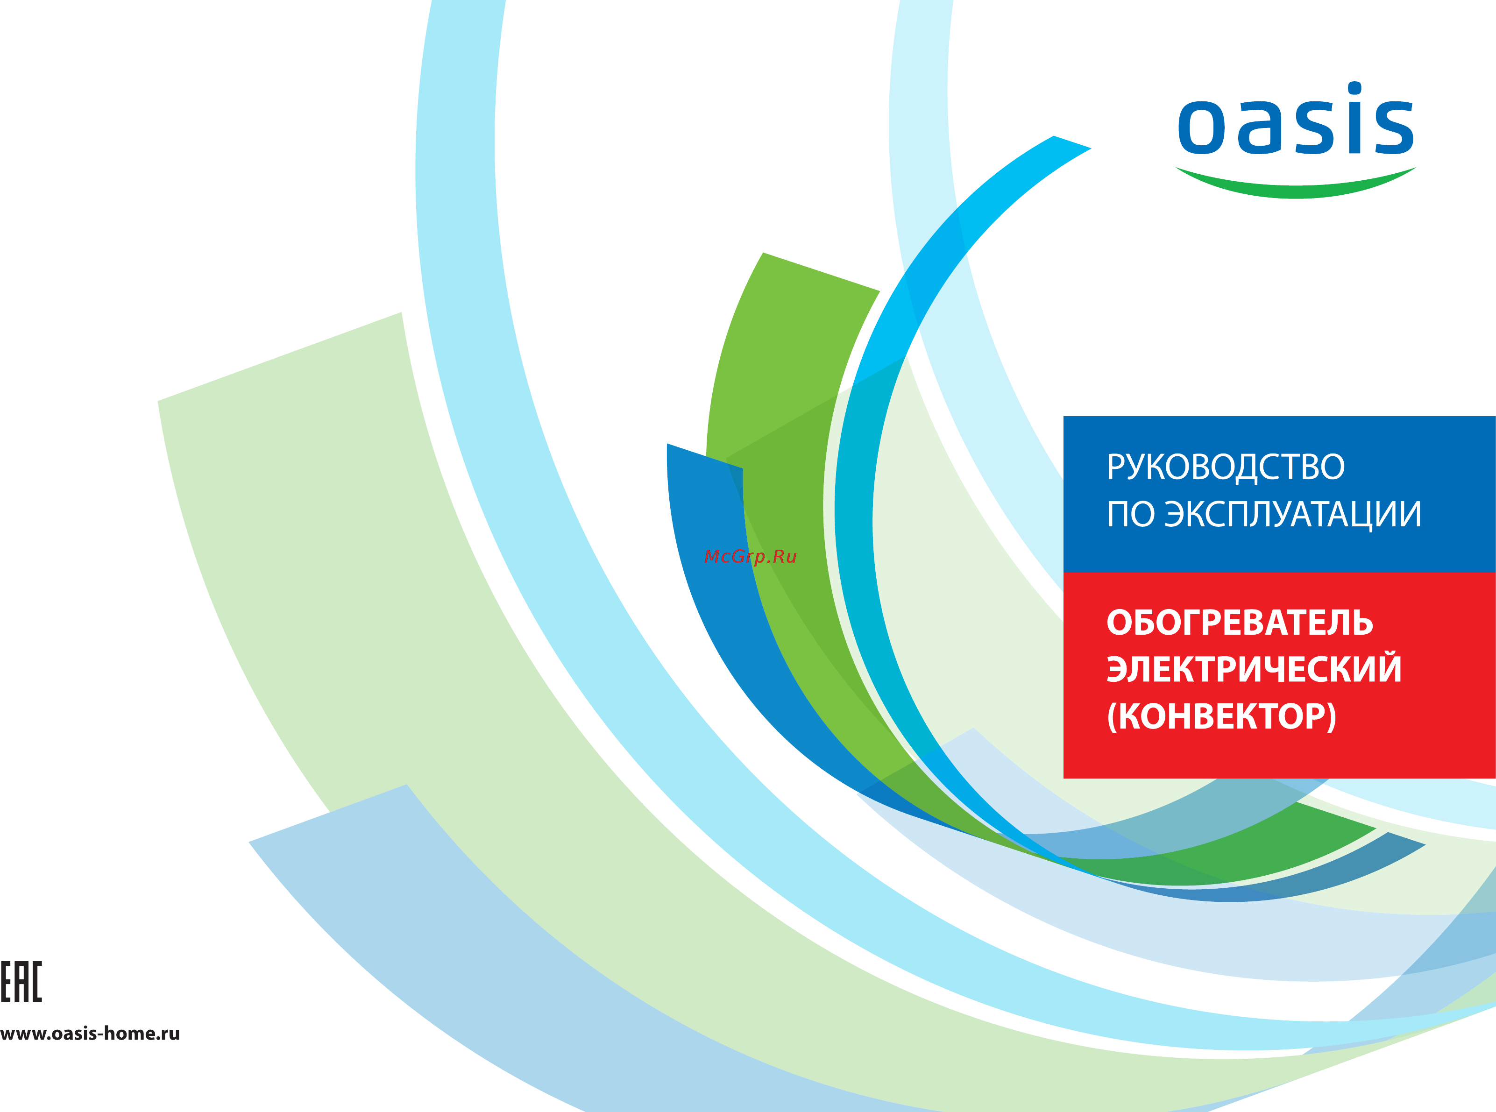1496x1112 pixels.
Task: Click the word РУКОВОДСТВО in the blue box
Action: (x=1226, y=467)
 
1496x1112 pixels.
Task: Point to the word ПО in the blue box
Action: (x=1132, y=514)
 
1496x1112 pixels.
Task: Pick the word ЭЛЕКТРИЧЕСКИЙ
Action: (x=1254, y=669)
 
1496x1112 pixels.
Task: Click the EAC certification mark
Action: (x=21, y=982)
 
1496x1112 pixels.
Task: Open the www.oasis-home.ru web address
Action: (x=90, y=1033)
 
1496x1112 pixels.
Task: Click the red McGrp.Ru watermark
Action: (x=750, y=557)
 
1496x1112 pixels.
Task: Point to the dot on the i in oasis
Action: (x=1354, y=88)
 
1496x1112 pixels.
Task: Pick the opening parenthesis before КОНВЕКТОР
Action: (x=1112, y=716)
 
